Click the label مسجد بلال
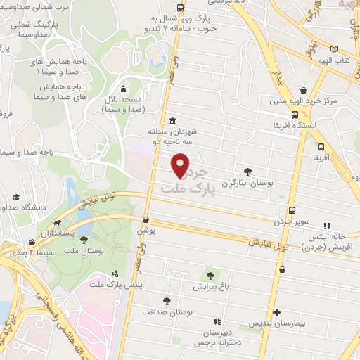[x=124, y=100]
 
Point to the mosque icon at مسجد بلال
[x=124, y=89]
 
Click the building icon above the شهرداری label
[x=173, y=120]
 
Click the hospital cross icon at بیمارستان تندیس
[x=276, y=312]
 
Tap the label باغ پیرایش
[x=210, y=287]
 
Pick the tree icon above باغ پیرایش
[x=210, y=275]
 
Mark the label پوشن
[x=146, y=230]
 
